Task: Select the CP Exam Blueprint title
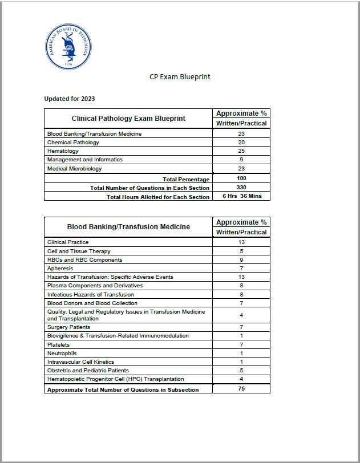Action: tap(180, 77)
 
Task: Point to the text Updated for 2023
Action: tap(70, 99)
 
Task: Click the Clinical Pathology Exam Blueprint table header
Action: tap(128, 119)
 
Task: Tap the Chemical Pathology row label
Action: tap(73, 143)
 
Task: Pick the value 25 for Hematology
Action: tap(241, 151)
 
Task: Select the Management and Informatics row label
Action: tap(85, 160)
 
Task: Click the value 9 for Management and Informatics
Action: tap(241, 160)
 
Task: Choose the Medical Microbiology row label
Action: tap(75, 169)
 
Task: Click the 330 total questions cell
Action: tap(241, 188)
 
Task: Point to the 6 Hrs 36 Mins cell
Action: tap(241, 197)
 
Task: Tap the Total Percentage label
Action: tap(186, 179)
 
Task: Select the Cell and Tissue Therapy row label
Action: tap(79, 251)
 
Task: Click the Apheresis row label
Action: tap(60, 268)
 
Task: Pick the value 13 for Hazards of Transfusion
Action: tap(241, 277)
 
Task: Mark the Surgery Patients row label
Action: tap(68, 327)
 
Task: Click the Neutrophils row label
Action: tap(62, 353)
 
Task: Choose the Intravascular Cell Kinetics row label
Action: tap(80, 362)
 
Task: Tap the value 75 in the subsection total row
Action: tap(241, 389)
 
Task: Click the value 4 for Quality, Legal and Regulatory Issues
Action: tap(241, 315)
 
